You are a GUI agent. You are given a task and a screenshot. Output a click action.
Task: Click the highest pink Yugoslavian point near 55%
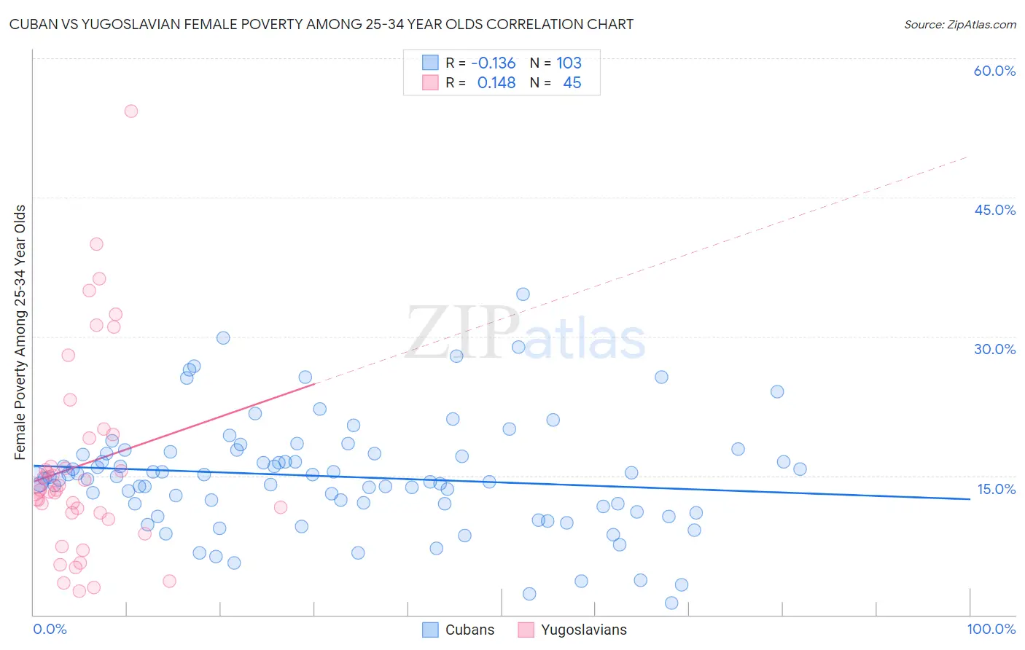[131, 111]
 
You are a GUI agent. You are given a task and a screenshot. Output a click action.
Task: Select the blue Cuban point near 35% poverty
[523, 294]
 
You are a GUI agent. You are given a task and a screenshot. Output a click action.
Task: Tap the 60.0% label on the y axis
[994, 71]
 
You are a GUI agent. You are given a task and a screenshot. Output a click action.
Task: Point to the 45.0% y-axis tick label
[994, 210]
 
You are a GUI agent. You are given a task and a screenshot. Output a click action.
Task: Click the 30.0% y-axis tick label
[994, 349]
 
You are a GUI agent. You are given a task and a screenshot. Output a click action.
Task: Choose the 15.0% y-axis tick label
[996, 489]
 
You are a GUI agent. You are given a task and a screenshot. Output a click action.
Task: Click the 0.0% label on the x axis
[50, 629]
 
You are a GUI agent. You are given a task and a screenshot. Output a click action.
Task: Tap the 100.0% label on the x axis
[991, 629]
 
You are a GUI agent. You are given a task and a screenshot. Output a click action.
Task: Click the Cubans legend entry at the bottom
[459, 630]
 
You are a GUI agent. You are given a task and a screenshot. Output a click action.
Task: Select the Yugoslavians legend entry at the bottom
[572, 630]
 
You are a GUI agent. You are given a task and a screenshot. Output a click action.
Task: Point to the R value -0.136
[493, 63]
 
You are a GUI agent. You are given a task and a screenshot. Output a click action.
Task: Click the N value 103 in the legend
[569, 63]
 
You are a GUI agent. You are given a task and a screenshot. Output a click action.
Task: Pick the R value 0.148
[496, 83]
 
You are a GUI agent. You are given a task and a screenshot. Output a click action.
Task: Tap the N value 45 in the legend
[572, 83]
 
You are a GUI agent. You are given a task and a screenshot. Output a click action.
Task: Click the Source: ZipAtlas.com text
[959, 24]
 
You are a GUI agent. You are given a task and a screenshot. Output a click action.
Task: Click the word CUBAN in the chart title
[31, 24]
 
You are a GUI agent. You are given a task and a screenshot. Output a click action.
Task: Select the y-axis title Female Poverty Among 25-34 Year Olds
[20, 332]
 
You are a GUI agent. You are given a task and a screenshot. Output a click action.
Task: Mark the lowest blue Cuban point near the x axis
[671, 603]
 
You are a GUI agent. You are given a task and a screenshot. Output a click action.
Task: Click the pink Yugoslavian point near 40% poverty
[96, 244]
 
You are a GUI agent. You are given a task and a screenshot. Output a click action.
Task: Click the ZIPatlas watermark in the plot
[526, 334]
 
